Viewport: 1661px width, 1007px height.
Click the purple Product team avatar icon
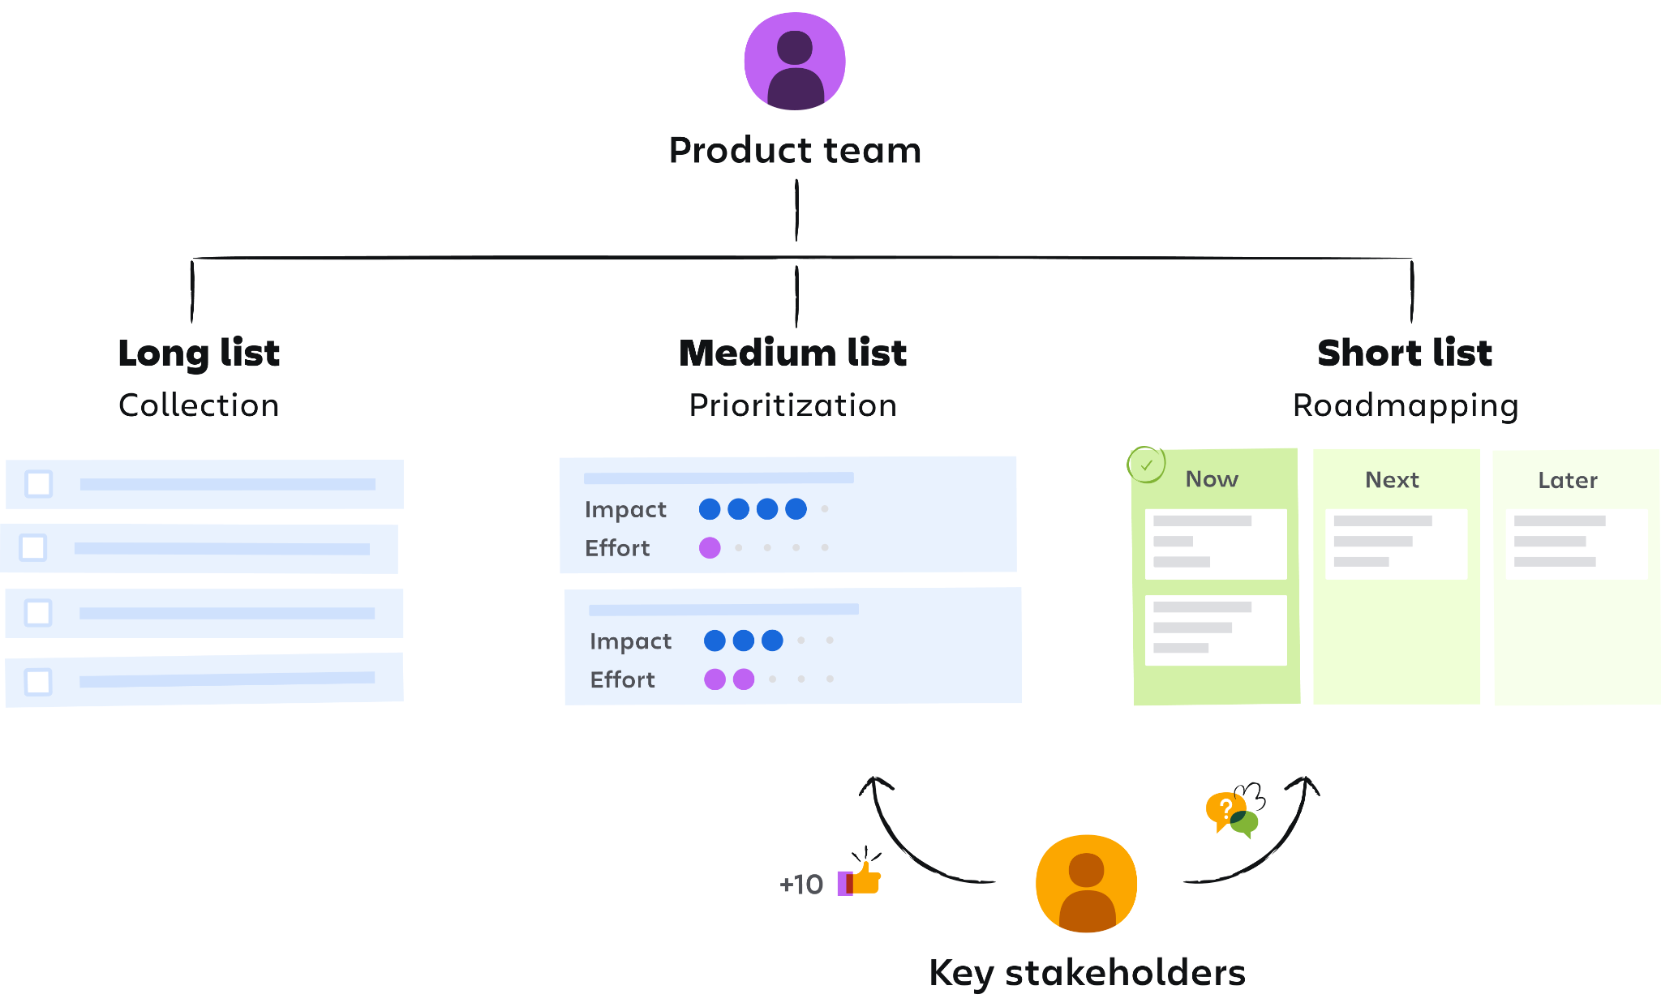point(795,62)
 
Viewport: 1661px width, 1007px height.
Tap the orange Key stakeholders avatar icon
point(1086,883)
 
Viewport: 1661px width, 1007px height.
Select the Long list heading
point(199,354)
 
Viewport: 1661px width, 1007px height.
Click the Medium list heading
point(792,354)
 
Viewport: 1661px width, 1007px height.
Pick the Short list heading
point(1405,354)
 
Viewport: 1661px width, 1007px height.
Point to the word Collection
point(199,405)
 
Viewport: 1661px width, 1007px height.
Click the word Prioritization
point(792,405)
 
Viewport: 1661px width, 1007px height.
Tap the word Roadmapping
point(1405,405)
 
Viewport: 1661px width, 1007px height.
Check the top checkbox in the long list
point(39,484)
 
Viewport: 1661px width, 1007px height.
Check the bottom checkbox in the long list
point(38,682)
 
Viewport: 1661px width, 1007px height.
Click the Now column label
point(1212,479)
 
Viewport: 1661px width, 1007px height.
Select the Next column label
point(1392,480)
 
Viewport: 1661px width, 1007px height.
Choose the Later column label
point(1568,481)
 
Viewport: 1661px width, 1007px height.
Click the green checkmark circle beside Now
point(1146,465)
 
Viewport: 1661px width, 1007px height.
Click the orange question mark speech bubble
point(1223,808)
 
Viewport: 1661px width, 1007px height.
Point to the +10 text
point(800,885)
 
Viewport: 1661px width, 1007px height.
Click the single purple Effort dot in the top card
point(710,548)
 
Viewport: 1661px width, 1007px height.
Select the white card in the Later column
point(1576,543)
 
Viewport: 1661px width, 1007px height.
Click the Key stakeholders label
point(1087,973)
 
